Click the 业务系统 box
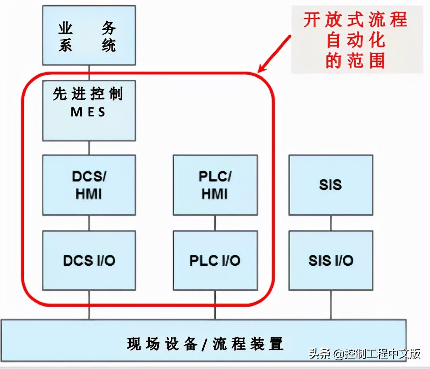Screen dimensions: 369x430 click(x=89, y=35)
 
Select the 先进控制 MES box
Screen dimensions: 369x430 click(x=89, y=110)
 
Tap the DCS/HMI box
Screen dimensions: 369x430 click(x=89, y=185)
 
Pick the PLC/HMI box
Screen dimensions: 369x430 click(x=215, y=185)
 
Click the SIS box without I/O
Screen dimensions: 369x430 click(x=331, y=185)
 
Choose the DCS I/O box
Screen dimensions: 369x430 click(x=89, y=260)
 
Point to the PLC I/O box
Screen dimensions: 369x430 click(x=215, y=260)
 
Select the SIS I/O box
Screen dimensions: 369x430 click(x=331, y=260)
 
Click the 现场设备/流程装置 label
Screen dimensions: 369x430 click(x=205, y=343)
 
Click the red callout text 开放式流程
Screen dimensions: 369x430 click(x=355, y=20)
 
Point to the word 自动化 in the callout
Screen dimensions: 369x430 click(x=355, y=40)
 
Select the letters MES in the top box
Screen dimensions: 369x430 click(x=88, y=112)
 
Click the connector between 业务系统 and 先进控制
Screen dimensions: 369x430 click(x=89, y=73)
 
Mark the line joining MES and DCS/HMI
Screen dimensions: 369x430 click(x=89, y=148)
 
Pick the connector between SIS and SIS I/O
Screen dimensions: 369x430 click(x=331, y=223)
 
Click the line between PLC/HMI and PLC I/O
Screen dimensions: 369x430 click(x=215, y=223)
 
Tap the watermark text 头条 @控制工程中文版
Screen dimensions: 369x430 click(x=365, y=354)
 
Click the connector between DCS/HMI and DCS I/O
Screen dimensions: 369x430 click(x=89, y=223)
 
